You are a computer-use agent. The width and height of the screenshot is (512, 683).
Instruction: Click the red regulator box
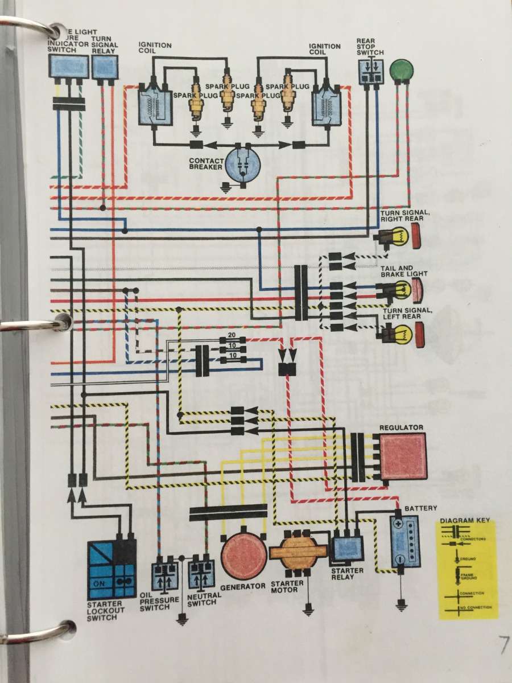pos(403,456)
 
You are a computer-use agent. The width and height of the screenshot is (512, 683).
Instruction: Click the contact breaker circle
pos(243,164)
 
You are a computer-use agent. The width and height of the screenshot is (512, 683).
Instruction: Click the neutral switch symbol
pos(202,575)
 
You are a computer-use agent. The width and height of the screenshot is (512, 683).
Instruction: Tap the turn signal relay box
pos(105,68)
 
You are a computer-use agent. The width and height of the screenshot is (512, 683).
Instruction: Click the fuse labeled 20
pos(232,340)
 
